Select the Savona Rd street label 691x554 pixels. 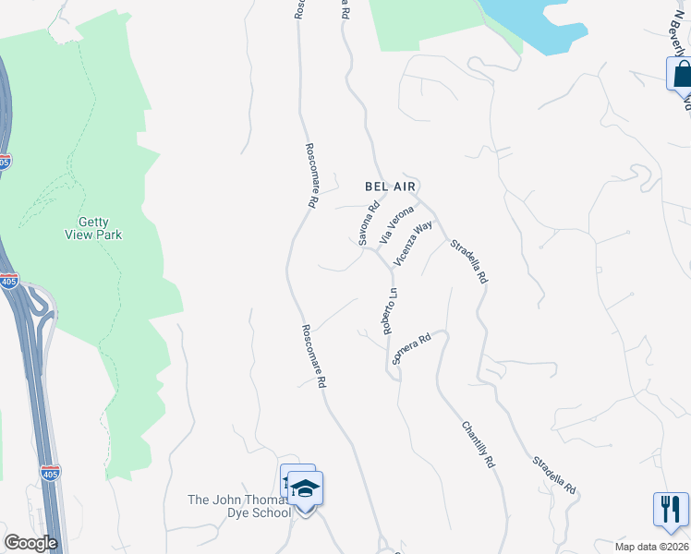pyautogui.click(x=369, y=223)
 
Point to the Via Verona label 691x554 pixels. pyautogui.click(x=397, y=224)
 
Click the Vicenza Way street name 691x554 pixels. pyautogui.click(x=413, y=244)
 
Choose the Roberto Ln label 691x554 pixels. pyautogui.click(x=390, y=311)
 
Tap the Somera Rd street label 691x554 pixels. pyautogui.click(x=412, y=349)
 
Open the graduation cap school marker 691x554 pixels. pyautogui.click(x=306, y=487)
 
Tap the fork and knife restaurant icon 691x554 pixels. pyautogui.click(x=671, y=508)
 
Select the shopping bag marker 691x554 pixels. pyautogui.click(x=682, y=74)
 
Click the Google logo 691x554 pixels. pyautogui.click(x=30, y=543)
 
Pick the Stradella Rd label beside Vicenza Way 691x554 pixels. pyautogui.click(x=468, y=262)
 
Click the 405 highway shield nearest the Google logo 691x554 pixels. pyautogui.click(x=51, y=474)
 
